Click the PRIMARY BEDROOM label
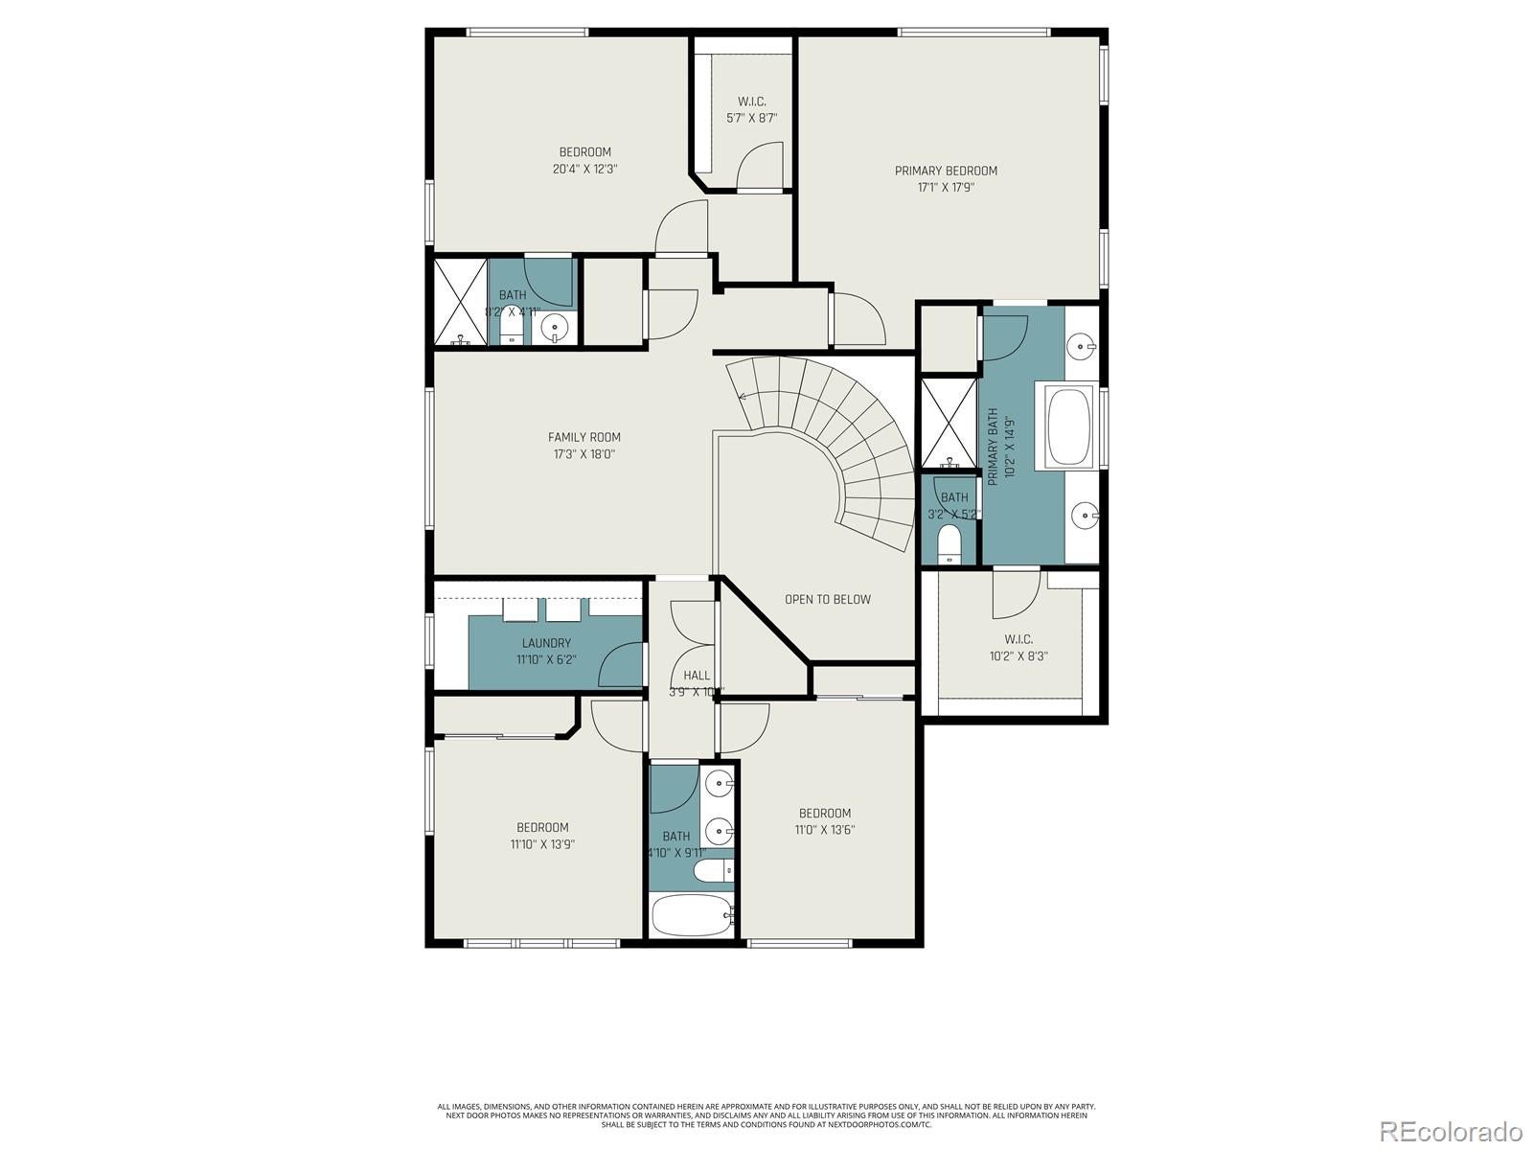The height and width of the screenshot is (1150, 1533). click(x=946, y=171)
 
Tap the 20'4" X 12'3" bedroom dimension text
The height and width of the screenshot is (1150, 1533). click(x=584, y=169)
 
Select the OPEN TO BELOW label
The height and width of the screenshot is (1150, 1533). click(x=828, y=600)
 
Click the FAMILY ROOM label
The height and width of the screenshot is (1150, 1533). click(x=584, y=437)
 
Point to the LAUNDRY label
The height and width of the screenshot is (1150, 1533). click(x=546, y=643)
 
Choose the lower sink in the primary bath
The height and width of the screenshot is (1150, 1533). click(x=1086, y=516)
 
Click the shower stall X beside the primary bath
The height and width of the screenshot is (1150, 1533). click(x=948, y=424)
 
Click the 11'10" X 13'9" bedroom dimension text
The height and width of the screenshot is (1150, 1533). click(x=542, y=844)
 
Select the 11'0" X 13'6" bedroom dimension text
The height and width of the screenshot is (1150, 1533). click(x=825, y=830)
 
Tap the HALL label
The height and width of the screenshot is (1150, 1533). click(x=697, y=676)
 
